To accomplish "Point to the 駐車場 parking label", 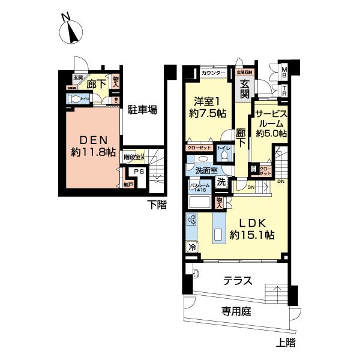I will click(142, 110).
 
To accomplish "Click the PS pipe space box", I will click(139, 172).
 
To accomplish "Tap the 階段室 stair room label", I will click(133, 157).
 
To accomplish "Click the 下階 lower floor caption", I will click(157, 206).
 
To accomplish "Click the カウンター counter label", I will click(213, 73).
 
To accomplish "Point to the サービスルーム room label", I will click(270, 124).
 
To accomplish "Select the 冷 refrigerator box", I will click(192, 247).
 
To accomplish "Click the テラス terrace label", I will click(237, 280).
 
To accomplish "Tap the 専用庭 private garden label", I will click(235, 311).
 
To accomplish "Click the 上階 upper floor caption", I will click(286, 344).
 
